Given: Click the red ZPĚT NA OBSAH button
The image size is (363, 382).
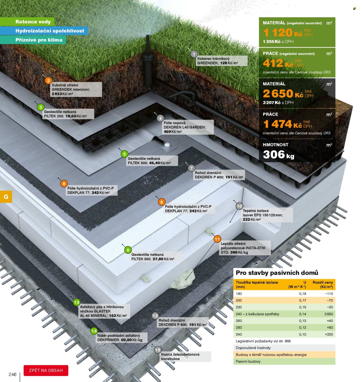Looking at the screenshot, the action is click(x=46, y=370).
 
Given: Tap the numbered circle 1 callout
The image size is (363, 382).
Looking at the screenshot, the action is click(x=194, y=54).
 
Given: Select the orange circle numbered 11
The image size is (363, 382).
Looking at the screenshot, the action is click(x=217, y=239).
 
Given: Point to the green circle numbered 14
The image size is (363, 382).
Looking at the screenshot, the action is click(x=94, y=331).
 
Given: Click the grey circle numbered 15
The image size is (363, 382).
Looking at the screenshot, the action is click(x=158, y=350).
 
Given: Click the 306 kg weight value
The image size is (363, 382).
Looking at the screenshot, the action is click(x=278, y=155).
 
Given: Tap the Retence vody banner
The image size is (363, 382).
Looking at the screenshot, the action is click(x=27, y=22).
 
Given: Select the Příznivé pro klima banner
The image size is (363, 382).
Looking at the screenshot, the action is click(x=33, y=40).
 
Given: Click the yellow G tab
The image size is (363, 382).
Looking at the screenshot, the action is click(x=6, y=197).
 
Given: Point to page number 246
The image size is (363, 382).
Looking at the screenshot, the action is click(x=12, y=374).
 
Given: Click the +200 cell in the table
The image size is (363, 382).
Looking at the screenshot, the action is click(x=329, y=334).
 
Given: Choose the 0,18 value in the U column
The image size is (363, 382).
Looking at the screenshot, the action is click(x=303, y=293).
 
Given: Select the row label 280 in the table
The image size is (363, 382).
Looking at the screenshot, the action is click(x=239, y=327).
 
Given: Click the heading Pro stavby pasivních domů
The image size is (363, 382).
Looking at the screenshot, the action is click(x=277, y=273).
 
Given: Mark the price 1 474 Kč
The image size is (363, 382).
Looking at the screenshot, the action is click(x=283, y=124).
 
